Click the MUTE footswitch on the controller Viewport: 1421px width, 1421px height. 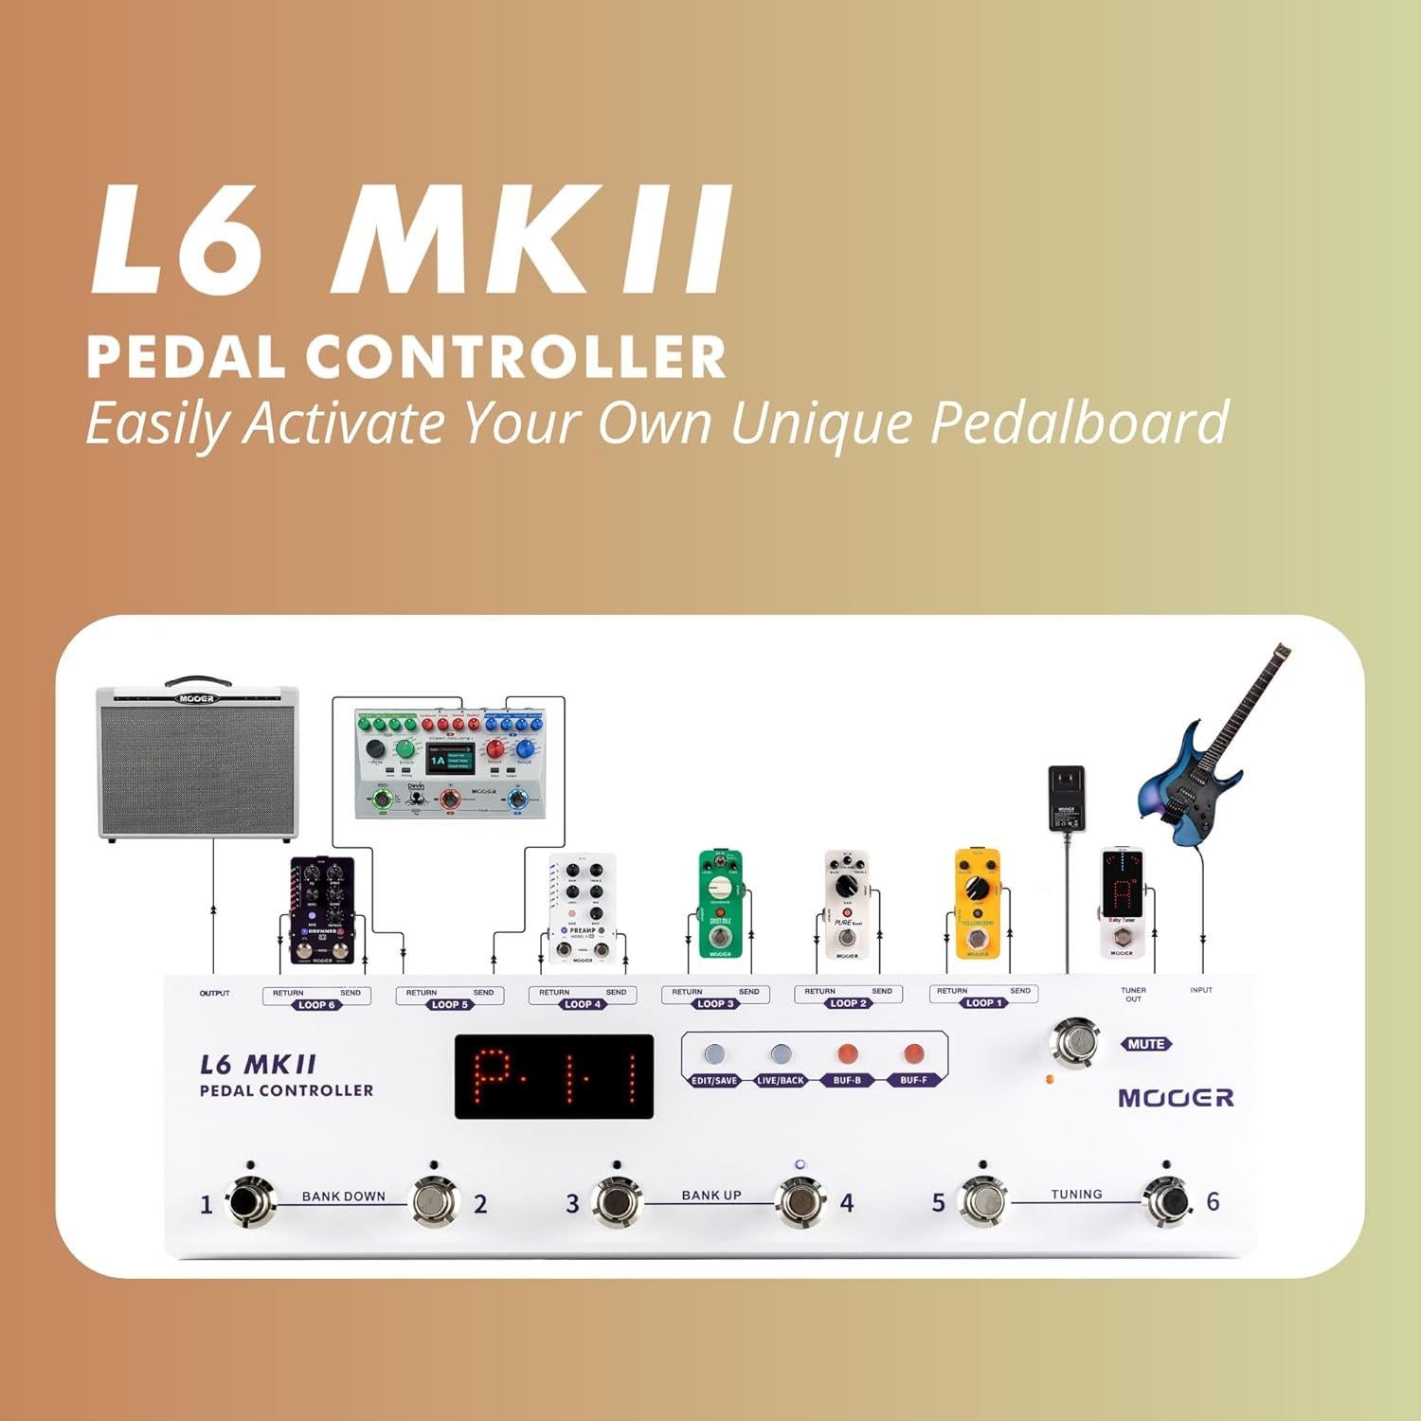pyautogui.click(x=1073, y=1043)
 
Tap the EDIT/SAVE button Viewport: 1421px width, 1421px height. pyautogui.click(x=714, y=1055)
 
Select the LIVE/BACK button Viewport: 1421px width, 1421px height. pyautogui.click(x=781, y=1055)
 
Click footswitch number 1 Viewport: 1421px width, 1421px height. pyautogui.click(x=249, y=1202)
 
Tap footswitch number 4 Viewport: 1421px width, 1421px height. pyautogui.click(x=800, y=1202)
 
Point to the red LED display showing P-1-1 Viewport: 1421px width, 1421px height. pyautogui.click(x=554, y=1077)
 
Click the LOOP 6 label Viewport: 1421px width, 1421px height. pyautogui.click(x=316, y=1005)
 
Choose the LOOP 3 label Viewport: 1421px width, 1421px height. pyautogui.click(x=715, y=1004)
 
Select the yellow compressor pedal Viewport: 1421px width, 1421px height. pyautogui.click(x=978, y=903)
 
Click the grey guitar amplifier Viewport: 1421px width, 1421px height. pyautogui.click(x=198, y=764)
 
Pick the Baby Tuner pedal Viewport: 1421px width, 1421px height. pyautogui.click(x=1122, y=903)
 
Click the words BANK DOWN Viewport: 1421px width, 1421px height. pyautogui.click(x=343, y=1196)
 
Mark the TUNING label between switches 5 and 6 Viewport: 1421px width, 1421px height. pyautogui.click(x=1076, y=1195)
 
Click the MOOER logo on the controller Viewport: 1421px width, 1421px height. pyautogui.click(x=1176, y=1098)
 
